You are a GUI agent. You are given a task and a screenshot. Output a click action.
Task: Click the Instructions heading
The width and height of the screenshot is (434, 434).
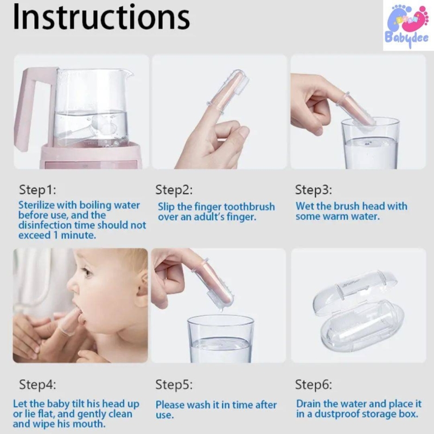tap(101, 17)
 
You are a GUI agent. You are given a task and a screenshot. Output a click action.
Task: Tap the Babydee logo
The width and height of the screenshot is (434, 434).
tap(409, 25)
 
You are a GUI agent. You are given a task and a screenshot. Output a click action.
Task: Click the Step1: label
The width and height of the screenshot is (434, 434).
tap(37, 190)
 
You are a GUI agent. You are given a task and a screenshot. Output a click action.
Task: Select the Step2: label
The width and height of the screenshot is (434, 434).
tap(174, 190)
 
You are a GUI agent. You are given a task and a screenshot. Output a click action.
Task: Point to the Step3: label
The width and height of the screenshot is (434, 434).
tap(314, 190)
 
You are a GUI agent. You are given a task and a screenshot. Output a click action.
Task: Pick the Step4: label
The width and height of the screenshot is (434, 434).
tap(37, 385)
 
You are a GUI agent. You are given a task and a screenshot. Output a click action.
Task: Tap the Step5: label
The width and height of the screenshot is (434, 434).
tap(174, 385)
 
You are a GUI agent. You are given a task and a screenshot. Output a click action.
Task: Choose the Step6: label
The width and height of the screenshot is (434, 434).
tap(314, 385)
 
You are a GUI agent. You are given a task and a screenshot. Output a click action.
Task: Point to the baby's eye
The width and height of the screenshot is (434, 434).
tap(88, 273)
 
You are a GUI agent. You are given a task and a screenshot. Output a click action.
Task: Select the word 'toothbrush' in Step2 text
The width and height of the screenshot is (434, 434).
tap(249, 207)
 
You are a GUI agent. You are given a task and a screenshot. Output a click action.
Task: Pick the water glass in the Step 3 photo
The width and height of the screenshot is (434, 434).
tap(371, 143)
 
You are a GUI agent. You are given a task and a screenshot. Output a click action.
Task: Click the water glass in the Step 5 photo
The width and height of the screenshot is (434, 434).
tap(221, 339)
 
